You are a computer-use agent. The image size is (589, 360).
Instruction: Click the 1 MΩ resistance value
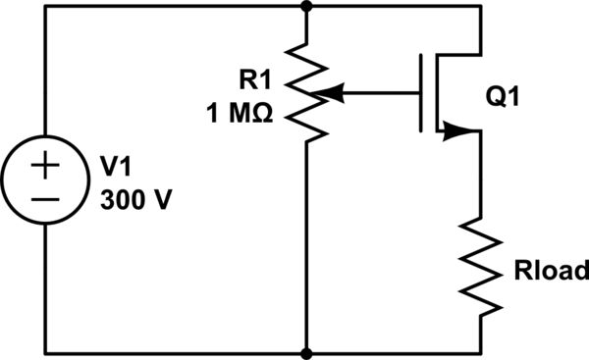tap(241, 113)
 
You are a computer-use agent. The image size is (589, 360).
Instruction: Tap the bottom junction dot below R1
tap(307, 352)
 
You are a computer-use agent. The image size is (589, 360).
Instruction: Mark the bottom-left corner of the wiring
tap(45, 352)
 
